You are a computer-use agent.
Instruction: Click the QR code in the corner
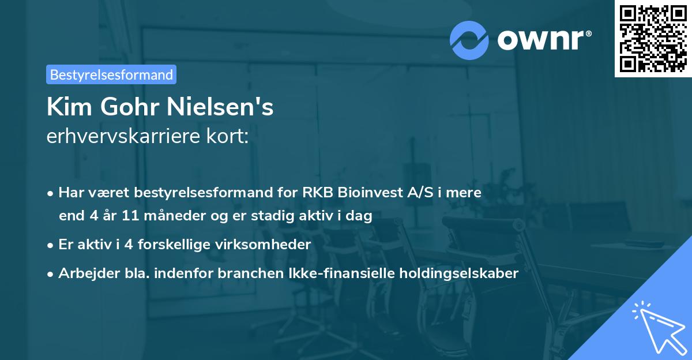[653, 38]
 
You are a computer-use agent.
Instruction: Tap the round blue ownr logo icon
[469, 40]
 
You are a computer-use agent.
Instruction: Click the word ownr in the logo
[540, 40]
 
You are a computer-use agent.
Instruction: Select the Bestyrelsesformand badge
[111, 74]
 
